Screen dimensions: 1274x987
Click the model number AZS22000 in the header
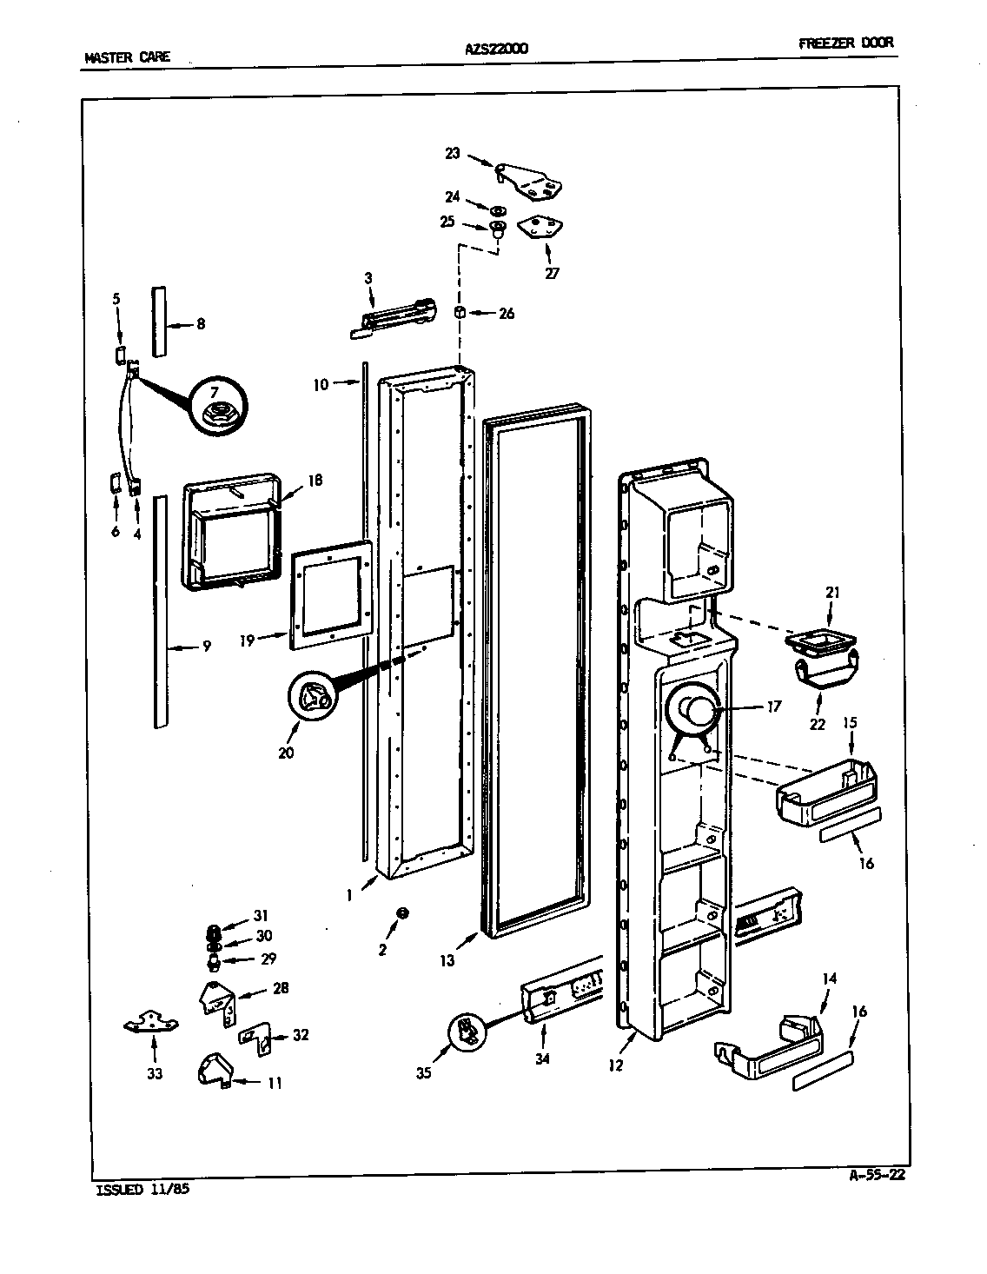tap(496, 49)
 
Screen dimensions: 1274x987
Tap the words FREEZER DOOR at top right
tap(845, 43)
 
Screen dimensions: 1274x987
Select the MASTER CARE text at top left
tap(127, 58)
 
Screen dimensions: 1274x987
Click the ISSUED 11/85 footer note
tap(141, 1190)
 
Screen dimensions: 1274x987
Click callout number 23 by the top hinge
tap(453, 154)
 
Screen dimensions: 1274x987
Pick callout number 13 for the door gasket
tap(447, 960)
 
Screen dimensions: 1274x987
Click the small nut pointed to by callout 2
tap(402, 912)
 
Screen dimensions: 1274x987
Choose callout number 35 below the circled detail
tap(423, 1072)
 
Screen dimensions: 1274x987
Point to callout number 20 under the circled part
tap(286, 753)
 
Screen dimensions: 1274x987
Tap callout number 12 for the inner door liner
tap(616, 1065)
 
